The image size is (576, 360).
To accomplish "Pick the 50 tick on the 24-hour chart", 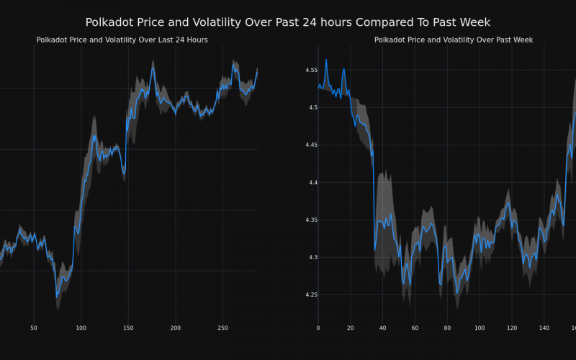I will point(34,328).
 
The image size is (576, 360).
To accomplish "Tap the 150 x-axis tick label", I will point(128,328).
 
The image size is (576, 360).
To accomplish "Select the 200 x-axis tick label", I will point(176,328).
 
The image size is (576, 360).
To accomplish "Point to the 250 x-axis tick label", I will point(222,328).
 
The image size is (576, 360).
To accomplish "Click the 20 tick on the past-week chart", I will point(351,328).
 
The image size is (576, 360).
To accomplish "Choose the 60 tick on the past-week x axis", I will point(415,328).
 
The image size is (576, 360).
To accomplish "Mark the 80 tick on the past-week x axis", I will point(447,328).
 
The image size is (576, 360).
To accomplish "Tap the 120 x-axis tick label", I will point(512,328).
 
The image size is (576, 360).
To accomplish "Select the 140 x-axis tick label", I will point(544,328).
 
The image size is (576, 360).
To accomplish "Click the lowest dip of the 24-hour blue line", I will point(57,295).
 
